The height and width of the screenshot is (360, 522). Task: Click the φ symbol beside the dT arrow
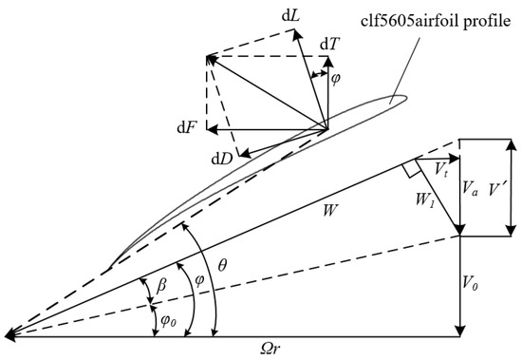pos(336,81)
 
